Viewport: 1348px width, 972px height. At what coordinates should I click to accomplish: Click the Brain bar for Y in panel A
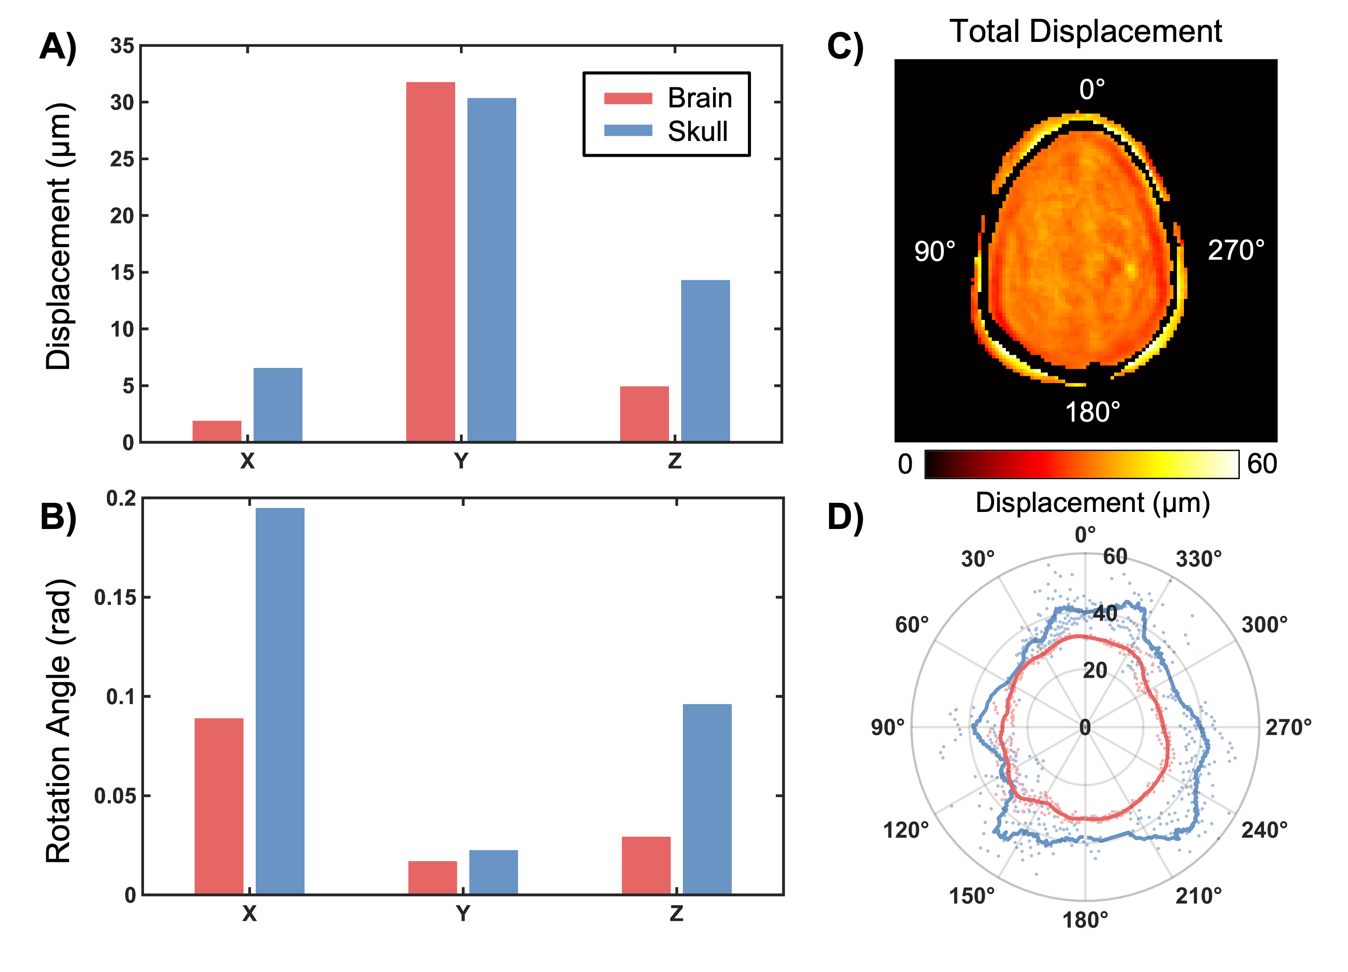(x=430, y=261)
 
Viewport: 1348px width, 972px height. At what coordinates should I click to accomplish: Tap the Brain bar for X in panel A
(x=217, y=431)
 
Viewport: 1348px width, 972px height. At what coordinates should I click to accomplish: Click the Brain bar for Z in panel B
(x=646, y=865)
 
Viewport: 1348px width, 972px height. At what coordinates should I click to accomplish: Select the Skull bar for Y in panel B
(x=493, y=872)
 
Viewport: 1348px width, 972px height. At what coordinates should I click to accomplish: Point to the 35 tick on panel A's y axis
(x=122, y=46)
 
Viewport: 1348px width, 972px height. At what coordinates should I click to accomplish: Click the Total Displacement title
(x=1085, y=31)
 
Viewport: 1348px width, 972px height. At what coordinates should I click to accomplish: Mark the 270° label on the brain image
(x=1236, y=250)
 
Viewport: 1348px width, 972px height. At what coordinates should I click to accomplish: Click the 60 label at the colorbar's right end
(x=1261, y=464)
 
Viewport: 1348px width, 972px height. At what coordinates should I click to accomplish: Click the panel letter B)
(x=58, y=518)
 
